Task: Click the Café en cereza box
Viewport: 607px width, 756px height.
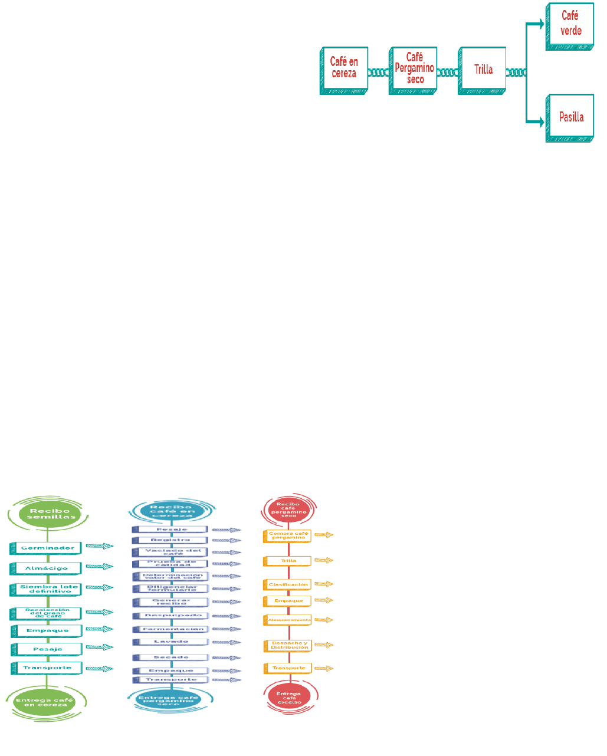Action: [344, 70]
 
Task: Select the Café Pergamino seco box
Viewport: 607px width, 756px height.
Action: [414, 70]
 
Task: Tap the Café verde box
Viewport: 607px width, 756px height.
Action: [570, 25]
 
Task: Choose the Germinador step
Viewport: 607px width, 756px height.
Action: [47, 548]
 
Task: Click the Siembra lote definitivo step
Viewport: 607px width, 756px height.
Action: [47, 589]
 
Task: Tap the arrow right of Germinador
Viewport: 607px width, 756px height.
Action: [99, 547]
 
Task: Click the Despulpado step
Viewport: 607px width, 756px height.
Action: [170, 615]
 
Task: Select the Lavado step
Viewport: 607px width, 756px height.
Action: [170, 641]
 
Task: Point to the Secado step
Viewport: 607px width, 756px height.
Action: [170, 657]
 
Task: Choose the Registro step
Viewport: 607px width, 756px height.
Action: [170, 540]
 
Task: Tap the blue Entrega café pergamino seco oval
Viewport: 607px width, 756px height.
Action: [169, 699]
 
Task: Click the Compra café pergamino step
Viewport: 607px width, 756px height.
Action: [288, 535]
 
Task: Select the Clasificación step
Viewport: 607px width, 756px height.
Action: [288, 584]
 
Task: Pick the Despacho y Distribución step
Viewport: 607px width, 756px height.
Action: [288, 646]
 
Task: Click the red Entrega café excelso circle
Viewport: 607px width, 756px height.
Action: [288, 698]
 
